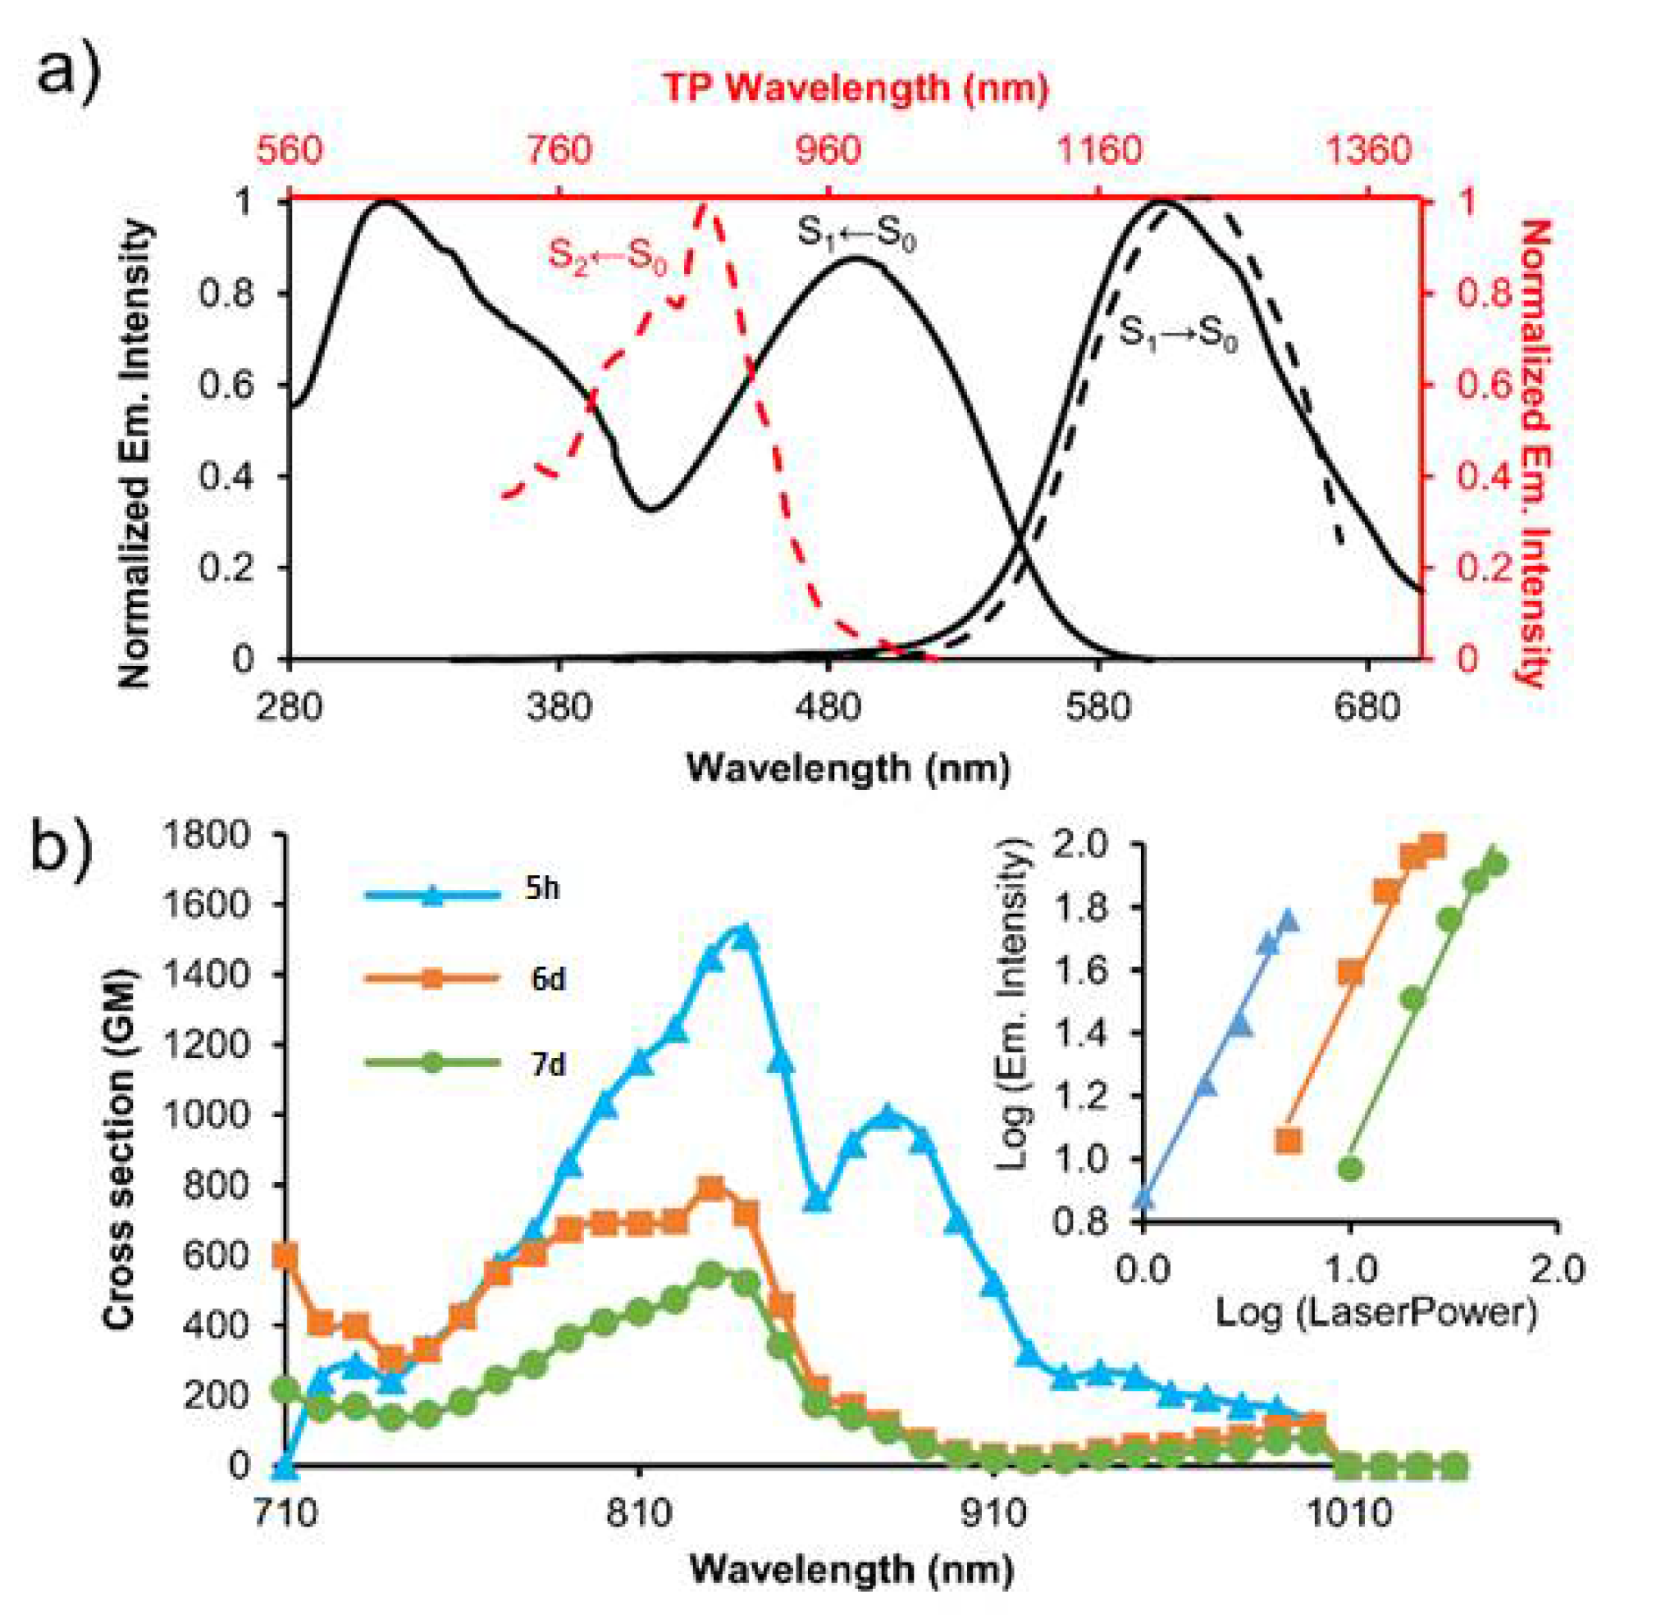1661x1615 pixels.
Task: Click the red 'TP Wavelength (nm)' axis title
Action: tap(854, 88)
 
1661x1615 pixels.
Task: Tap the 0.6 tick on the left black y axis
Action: tap(226, 385)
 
